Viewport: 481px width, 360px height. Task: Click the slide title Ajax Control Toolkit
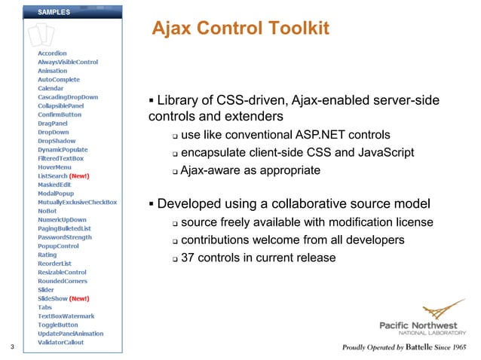pyautogui.click(x=240, y=29)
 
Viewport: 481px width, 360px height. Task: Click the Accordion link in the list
pyautogui.click(x=53, y=53)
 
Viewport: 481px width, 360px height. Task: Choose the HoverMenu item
pyautogui.click(x=55, y=167)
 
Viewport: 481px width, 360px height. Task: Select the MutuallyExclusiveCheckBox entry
pyautogui.click(x=78, y=202)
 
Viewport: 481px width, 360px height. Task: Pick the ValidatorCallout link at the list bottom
pyautogui.click(x=61, y=342)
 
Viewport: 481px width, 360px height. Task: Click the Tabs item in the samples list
pyautogui.click(x=45, y=307)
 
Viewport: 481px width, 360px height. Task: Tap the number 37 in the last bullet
pyautogui.click(x=189, y=258)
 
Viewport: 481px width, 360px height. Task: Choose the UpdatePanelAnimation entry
pyautogui.click(x=71, y=333)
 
